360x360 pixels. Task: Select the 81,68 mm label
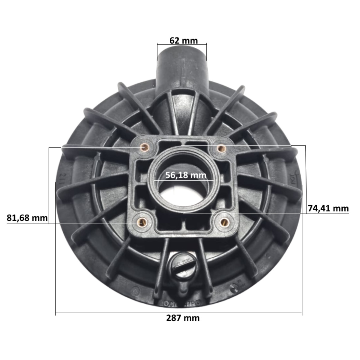(x=27, y=218)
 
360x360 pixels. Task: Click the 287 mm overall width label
(x=183, y=318)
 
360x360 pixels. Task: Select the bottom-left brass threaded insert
(x=141, y=223)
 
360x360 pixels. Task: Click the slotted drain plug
(x=181, y=264)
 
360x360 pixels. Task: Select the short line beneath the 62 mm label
(x=182, y=45)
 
